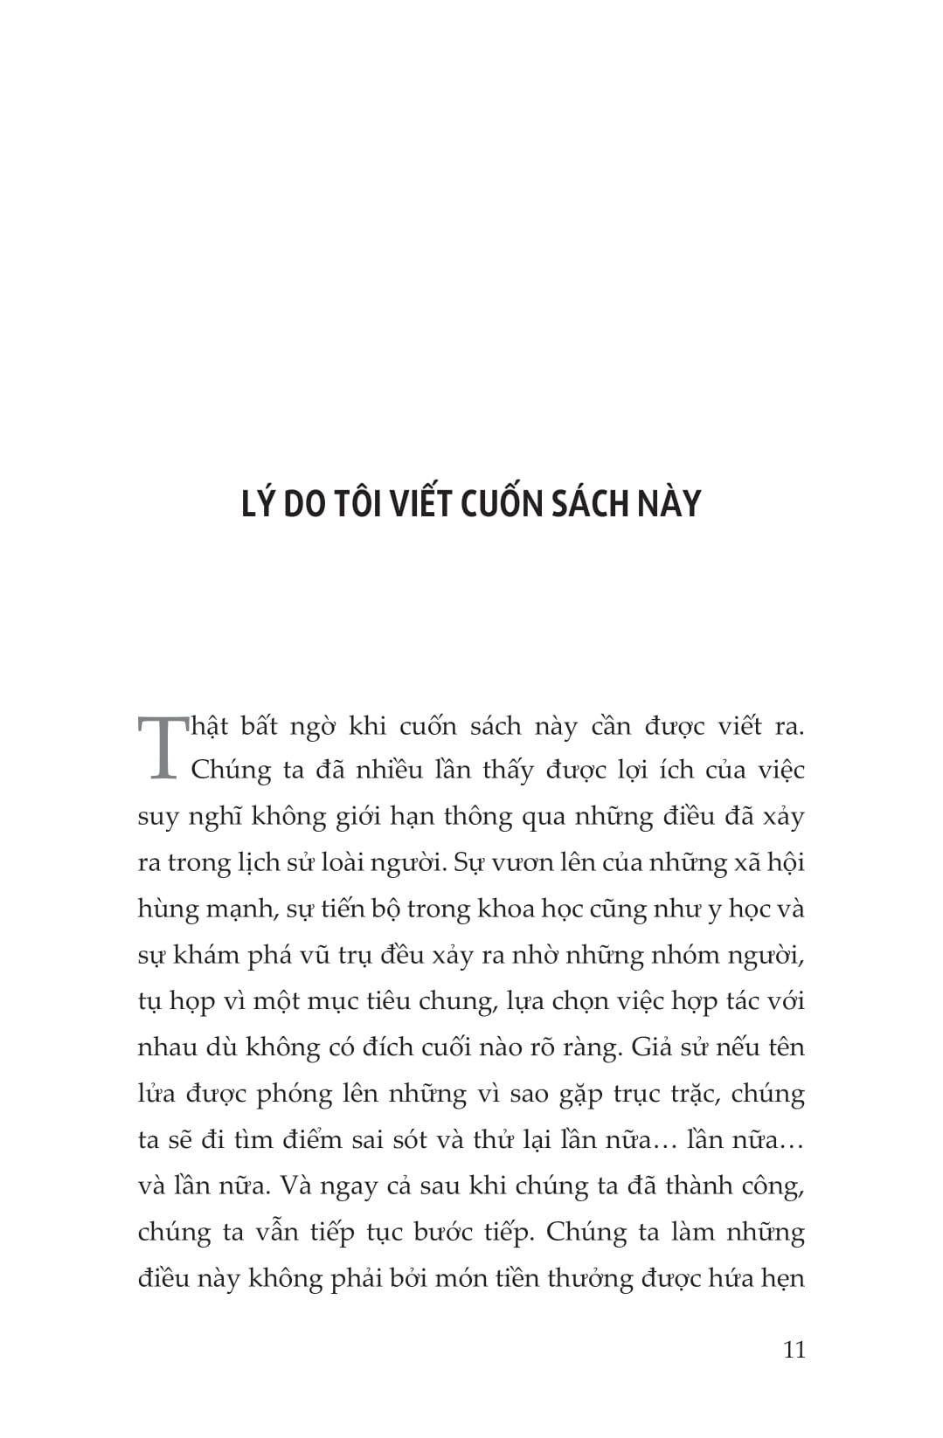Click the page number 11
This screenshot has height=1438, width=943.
[794, 1349]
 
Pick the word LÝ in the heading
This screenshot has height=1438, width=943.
[258, 504]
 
